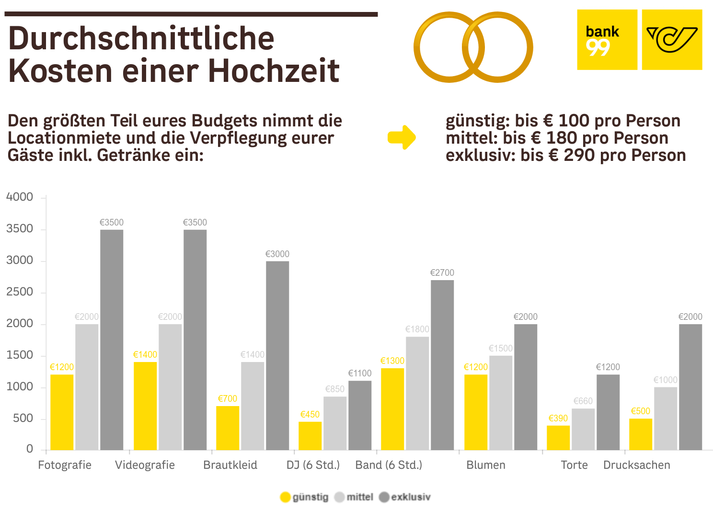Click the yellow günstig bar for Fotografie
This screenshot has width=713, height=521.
[x=62, y=412]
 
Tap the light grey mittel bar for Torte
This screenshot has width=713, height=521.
[x=583, y=429]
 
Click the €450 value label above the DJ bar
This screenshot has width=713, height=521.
[x=310, y=414]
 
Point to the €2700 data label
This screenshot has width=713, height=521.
[x=442, y=272]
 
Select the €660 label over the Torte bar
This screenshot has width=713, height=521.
[x=583, y=401]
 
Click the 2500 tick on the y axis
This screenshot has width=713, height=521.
[x=20, y=292]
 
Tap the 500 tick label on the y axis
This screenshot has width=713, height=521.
[x=23, y=418]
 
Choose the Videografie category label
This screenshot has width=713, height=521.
[x=145, y=465]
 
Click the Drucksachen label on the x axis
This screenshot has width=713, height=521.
[x=636, y=465]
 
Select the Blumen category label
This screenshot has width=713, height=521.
[x=485, y=465]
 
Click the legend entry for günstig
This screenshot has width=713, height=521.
[x=305, y=497]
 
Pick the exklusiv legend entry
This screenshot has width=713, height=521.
[x=405, y=497]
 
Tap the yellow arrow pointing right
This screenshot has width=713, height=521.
[x=402, y=137]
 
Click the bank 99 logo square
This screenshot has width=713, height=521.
[x=607, y=40]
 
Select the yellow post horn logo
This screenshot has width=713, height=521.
[x=672, y=40]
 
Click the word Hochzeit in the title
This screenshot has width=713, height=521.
[x=273, y=71]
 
